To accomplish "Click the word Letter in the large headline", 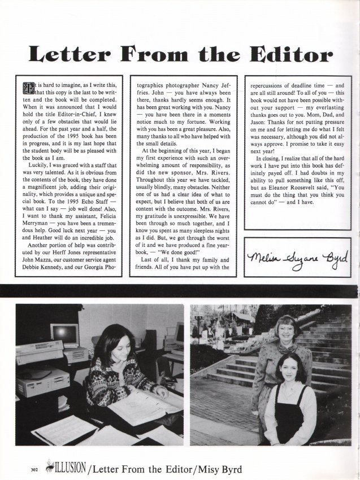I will pos(68,55).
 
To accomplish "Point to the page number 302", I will pos(21,468).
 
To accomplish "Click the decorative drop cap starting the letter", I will pos(27,87).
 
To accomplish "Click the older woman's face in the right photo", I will pos(287,330).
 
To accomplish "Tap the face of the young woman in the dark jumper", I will pos(292,369).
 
